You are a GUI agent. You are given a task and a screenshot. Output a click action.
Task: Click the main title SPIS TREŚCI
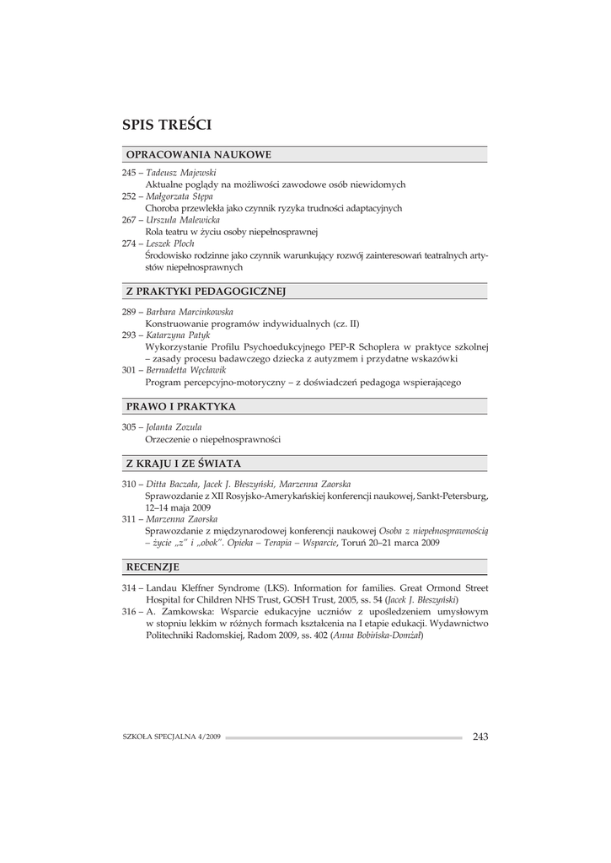click(x=167, y=126)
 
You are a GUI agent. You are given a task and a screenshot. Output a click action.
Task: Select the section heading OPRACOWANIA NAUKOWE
click(x=198, y=155)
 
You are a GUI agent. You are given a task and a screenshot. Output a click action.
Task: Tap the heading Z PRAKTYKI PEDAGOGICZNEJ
click(x=206, y=292)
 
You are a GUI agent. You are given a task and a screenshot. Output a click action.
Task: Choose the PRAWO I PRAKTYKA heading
click(x=180, y=406)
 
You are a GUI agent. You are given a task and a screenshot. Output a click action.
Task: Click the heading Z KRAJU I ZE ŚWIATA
click(x=183, y=464)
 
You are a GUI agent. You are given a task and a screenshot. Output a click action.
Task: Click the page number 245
click(x=130, y=172)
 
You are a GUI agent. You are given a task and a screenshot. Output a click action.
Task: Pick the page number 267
click(x=130, y=219)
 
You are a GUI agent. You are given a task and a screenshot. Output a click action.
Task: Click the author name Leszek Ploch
click(x=170, y=243)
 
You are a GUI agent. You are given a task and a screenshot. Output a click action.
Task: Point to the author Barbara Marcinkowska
click(x=190, y=311)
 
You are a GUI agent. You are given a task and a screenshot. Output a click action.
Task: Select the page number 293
click(x=130, y=335)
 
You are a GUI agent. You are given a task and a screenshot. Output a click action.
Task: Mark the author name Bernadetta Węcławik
click(x=186, y=370)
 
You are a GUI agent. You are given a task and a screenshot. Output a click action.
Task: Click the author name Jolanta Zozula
click(x=174, y=427)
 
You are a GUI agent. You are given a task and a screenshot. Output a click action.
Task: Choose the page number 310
click(x=130, y=485)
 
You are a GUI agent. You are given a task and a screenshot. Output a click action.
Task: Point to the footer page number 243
click(x=480, y=737)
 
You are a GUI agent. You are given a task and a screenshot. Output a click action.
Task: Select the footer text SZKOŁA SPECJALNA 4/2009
click(x=171, y=737)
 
